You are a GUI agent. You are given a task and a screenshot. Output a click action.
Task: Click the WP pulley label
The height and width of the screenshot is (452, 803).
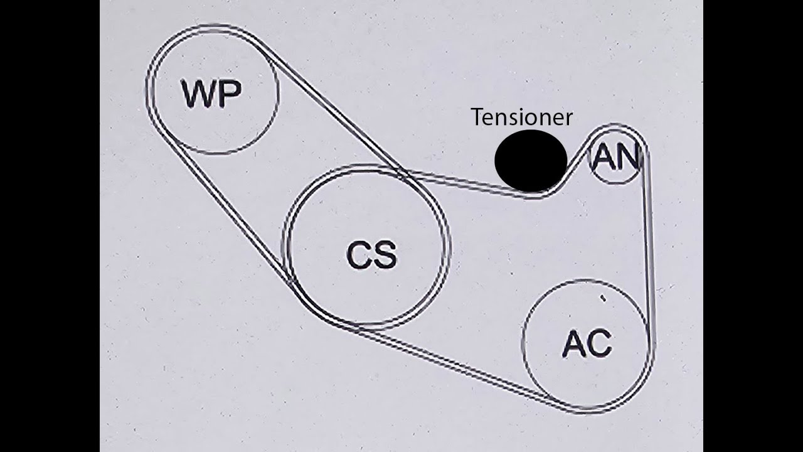point(211,95)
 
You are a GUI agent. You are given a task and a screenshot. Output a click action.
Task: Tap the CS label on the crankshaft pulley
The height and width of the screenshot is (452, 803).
point(371,256)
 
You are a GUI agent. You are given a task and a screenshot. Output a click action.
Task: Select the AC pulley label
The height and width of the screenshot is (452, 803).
point(587,343)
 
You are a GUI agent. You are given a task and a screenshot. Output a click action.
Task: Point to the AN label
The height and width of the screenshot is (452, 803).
point(615,158)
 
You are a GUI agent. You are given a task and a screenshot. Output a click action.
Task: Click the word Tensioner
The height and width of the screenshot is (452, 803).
point(521,117)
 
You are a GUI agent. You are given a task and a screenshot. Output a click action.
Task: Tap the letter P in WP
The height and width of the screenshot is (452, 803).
point(228,95)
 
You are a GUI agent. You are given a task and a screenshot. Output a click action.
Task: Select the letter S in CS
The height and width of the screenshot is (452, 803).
point(385,256)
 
